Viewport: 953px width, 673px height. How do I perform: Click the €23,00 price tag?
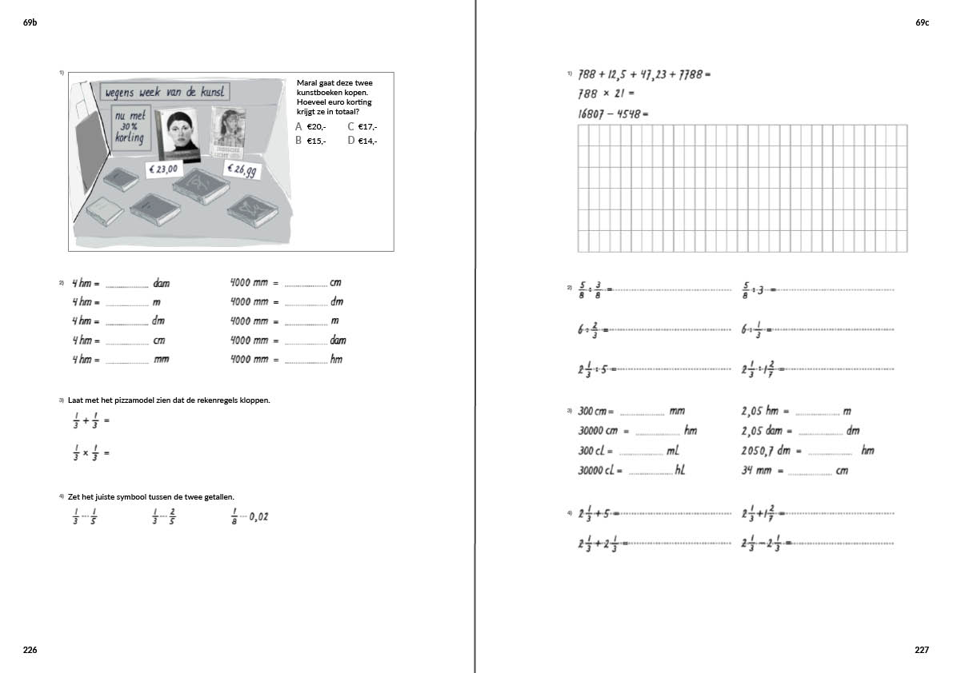coord(163,169)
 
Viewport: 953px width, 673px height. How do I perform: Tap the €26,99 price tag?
coord(241,170)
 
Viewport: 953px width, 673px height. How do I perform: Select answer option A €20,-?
coord(310,127)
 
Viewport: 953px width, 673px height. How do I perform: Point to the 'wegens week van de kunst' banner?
coord(166,93)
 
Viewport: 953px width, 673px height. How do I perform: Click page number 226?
coord(30,650)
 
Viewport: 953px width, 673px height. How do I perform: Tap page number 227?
coord(922,650)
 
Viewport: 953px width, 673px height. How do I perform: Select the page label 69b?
coord(30,23)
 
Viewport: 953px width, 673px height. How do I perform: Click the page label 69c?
coord(922,23)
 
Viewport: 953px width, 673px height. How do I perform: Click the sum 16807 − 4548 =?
coord(612,113)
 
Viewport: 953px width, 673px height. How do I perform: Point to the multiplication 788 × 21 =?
coord(605,94)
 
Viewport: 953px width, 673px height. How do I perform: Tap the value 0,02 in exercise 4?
coord(258,517)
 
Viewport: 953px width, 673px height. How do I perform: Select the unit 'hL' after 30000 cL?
coord(680,471)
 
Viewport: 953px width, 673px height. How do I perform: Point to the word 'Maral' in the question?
coord(307,83)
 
